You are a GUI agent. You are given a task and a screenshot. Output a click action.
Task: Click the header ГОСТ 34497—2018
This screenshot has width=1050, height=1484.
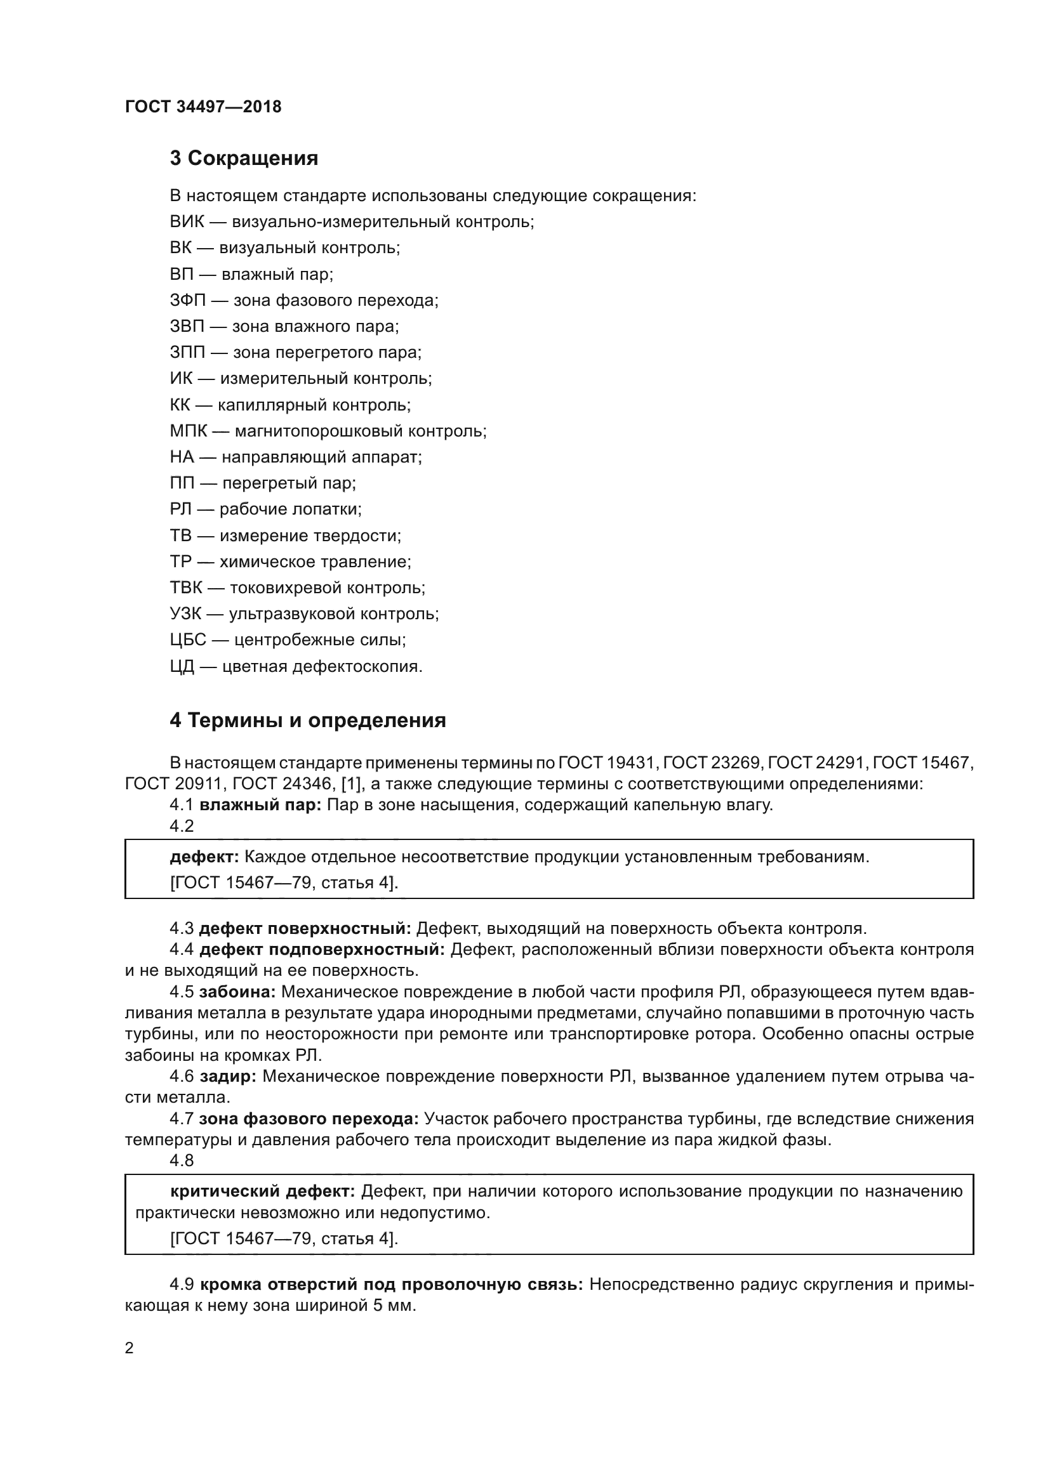click(x=203, y=107)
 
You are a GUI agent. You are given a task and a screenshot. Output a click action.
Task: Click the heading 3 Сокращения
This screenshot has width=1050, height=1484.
click(x=244, y=159)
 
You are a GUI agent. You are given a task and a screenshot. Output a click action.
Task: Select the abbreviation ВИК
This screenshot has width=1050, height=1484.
click(x=187, y=221)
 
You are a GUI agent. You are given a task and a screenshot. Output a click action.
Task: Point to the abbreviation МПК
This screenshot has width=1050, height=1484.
click(x=188, y=431)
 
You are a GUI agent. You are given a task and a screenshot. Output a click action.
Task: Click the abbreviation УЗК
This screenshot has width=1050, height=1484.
click(x=186, y=614)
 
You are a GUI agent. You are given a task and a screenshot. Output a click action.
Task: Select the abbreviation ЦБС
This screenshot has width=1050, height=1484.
click(x=188, y=640)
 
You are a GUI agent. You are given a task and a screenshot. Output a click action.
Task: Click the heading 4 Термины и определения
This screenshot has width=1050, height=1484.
click(x=308, y=721)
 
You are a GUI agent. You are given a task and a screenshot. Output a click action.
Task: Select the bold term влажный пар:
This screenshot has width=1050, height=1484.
click(x=260, y=805)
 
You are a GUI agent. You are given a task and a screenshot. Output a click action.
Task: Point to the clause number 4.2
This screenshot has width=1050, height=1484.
click(x=182, y=826)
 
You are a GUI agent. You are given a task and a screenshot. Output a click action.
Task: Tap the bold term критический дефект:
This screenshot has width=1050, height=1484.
click(x=262, y=1192)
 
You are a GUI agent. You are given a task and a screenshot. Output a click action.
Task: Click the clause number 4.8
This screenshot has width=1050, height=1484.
click(x=182, y=1160)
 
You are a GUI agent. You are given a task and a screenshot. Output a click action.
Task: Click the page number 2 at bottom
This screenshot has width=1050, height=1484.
click(x=130, y=1348)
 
